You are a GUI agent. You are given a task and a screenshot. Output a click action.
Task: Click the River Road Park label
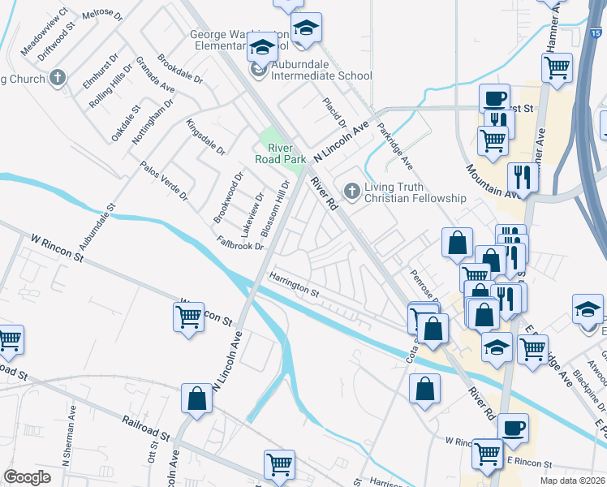tap(280, 153)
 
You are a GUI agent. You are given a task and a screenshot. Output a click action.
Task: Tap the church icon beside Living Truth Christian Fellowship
tap(351, 192)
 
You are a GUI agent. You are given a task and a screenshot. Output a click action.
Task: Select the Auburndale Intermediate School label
tap(322, 75)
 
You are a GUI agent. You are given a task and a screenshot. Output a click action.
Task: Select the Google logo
tap(28, 476)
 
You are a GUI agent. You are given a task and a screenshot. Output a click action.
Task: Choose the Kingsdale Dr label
tap(205, 137)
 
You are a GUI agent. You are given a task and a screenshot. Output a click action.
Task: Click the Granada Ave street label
tap(156, 74)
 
